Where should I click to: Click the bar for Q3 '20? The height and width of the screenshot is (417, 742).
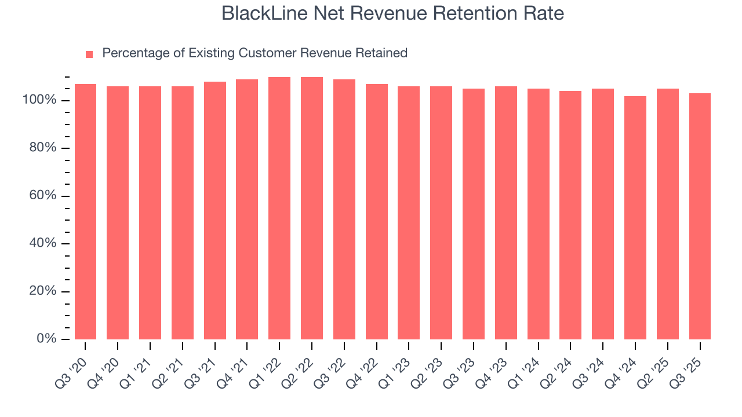(x=85, y=211)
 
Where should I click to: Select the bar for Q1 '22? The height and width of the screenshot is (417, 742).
(x=279, y=208)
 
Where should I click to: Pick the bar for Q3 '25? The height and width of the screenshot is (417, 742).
(x=700, y=216)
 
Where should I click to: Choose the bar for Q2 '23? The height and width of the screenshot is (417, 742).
(x=441, y=213)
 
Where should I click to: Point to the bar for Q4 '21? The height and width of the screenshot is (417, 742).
(x=247, y=209)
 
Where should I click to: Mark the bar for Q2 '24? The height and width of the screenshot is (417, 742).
(x=570, y=215)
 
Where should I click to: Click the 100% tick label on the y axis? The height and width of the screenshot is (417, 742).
(x=39, y=100)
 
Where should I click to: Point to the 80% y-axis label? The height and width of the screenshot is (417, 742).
(x=42, y=148)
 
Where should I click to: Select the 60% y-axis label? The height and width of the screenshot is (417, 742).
(x=42, y=196)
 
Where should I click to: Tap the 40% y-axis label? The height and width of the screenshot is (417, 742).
(x=42, y=243)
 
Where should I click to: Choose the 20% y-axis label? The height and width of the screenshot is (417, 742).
(x=42, y=291)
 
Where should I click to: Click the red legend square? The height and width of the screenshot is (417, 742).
(x=89, y=54)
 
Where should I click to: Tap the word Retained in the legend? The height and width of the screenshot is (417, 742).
(x=382, y=53)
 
